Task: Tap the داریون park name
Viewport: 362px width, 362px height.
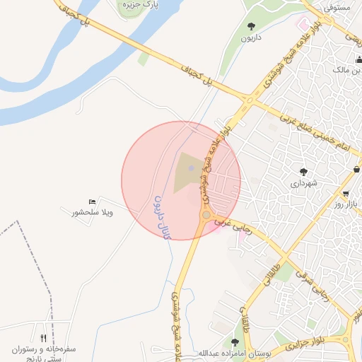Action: [251, 37]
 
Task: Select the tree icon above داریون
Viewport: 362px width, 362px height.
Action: [251, 26]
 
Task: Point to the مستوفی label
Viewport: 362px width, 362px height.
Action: [337, 7]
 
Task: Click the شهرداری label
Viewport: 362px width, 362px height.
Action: [304, 183]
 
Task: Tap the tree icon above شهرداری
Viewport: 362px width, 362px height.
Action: [304, 172]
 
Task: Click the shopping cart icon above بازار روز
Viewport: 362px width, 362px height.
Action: [345, 193]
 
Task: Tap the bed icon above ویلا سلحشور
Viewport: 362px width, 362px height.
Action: [92, 202]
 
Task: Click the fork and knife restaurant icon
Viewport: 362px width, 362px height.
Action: [44, 339]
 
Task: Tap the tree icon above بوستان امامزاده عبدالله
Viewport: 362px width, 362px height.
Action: [235, 342]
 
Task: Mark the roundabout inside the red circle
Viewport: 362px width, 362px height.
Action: [206, 214]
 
